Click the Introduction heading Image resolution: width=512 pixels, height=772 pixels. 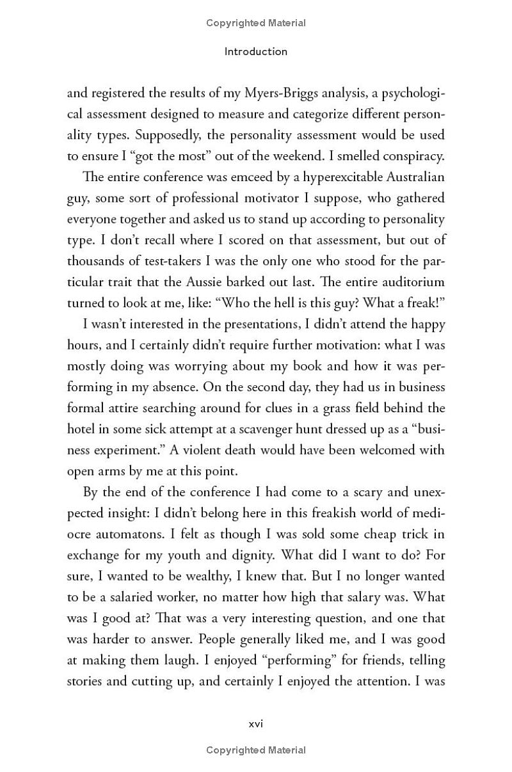(255, 51)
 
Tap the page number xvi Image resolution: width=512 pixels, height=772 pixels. (255, 723)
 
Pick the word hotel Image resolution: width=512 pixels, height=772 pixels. (82, 429)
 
